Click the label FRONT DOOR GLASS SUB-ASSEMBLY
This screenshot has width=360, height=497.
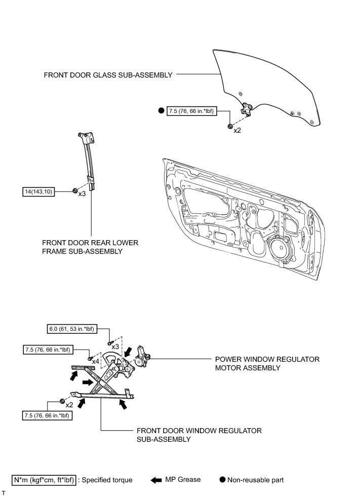click(x=108, y=75)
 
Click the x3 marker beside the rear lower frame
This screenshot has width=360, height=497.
click(x=83, y=194)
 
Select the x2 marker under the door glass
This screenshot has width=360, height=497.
click(x=237, y=130)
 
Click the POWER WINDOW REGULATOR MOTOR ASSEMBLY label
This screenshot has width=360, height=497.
click(x=267, y=363)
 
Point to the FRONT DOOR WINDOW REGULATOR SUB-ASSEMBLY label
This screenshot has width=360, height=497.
click(x=199, y=435)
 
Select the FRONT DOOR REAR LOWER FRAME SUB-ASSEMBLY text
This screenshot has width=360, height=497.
click(x=91, y=247)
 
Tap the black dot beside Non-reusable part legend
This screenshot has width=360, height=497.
click(x=222, y=479)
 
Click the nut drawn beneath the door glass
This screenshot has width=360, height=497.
click(x=230, y=125)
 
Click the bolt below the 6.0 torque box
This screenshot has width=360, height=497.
click(x=109, y=343)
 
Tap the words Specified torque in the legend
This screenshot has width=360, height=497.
click(x=109, y=479)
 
